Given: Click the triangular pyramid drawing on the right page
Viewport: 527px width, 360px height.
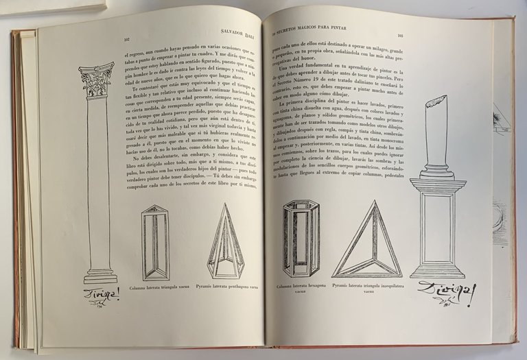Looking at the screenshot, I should pyautogui.click(x=367, y=241).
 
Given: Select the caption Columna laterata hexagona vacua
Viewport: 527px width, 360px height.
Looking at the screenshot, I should pyautogui.click(x=302, y=289).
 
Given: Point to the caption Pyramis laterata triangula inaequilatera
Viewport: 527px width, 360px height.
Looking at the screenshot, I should pyautogui.click(x=366, y=286).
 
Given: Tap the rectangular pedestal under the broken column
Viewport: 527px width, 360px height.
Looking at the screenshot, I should pyautogui.click(x=438, y=226).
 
